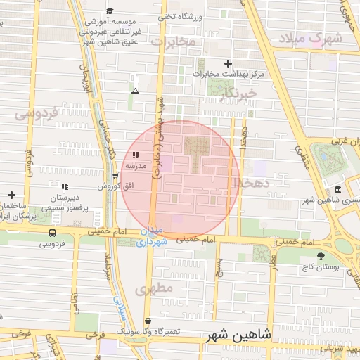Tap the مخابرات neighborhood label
tap(172, 43)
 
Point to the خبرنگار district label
tap(238, 92)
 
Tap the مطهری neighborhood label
tap(155, 289)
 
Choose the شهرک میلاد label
tap(309, 39)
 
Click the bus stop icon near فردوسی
tap(53, 233)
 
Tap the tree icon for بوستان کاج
tap(321, 256)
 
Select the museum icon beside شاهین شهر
tap(338, 190)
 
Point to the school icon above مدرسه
tap(135, 154)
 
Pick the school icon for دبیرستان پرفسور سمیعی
tap(65, 186)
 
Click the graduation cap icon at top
tap(109, 11)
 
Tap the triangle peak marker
tap(135, 91)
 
